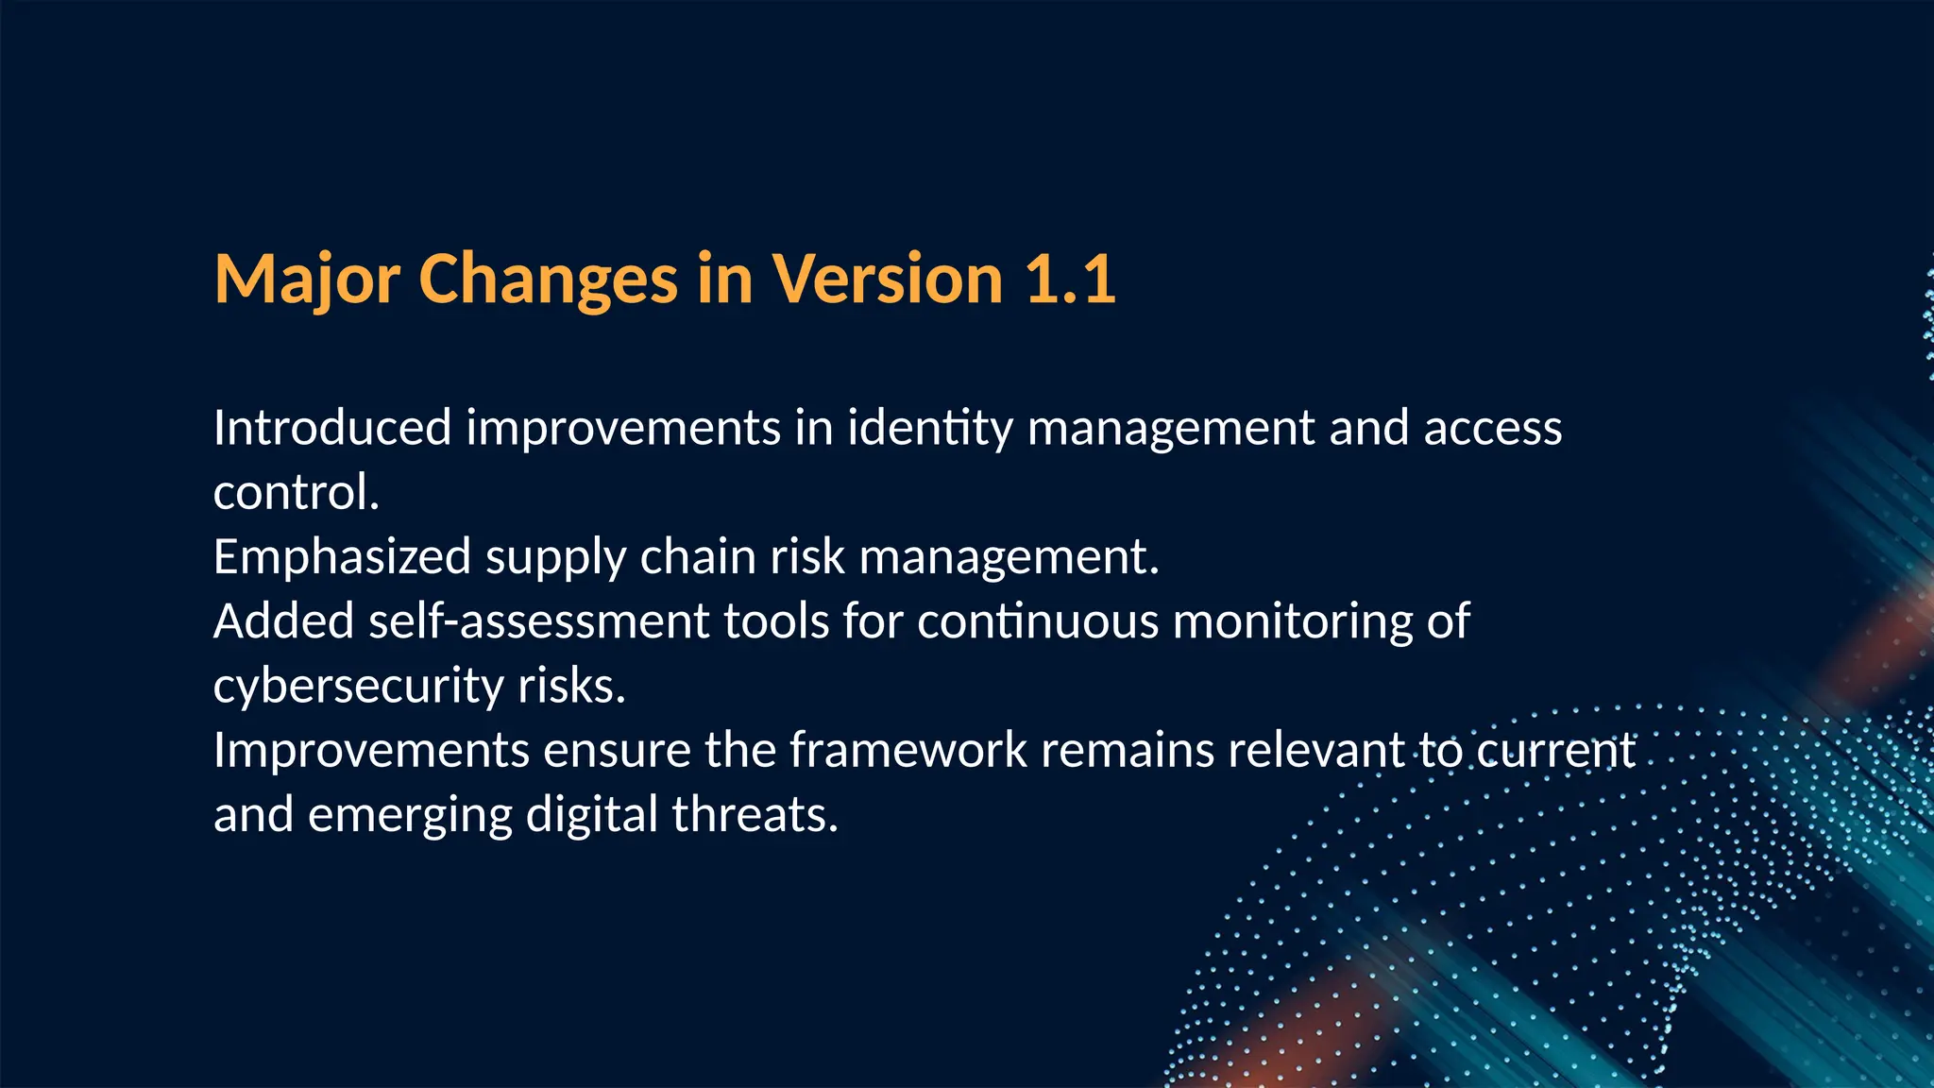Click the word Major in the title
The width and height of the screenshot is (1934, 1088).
pyautogui.click(x=307, y=280)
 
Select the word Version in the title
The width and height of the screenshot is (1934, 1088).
pyautogui.click(x=887, y=280)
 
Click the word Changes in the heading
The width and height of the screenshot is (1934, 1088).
pyautogui.click(x=548, y=280)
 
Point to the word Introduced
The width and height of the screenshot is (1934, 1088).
pyautogui.click(x=332, y=428)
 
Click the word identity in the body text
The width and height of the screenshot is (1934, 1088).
pyautogui.click(x=929, y=428)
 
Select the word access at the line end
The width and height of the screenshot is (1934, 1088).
pyautogui.click(x=1492, y=428)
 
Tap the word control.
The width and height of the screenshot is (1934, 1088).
pyautogui.click(x=296, y=492)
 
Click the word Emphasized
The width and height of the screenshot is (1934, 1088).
pyautogui.click(x=342, y=556)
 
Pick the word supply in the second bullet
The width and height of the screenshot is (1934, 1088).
pyautogui.click(x=555, y=558)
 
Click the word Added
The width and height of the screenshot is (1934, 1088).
pyautogui.click(x=283, y=621)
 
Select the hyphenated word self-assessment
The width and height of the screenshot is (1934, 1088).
pyautogui.click(x=538, y=621)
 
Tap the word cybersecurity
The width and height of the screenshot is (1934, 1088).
pyautogui.click(x=358, y=687)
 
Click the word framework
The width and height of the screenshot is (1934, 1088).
pyautogui.click(x=908, y=750)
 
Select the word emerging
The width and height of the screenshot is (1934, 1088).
pyautogui.click(x=410, y=815)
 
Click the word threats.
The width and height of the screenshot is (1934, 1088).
pyautogui.click(x=755, y=814)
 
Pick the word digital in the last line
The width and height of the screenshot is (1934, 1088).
pyautogui.click(x=591, y=815)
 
